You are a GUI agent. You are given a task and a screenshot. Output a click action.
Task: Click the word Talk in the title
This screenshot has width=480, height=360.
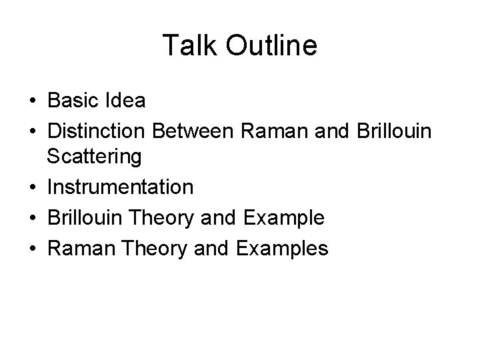[188, 46]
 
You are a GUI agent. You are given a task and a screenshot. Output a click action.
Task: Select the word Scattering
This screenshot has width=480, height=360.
[94, 157]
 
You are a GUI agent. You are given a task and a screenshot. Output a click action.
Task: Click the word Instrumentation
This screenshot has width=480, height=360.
[120, 187]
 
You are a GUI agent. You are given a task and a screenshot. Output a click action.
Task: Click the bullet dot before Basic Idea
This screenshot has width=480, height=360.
[33, 102]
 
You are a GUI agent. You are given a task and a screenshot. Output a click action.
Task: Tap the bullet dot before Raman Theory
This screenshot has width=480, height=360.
[33, 249]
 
